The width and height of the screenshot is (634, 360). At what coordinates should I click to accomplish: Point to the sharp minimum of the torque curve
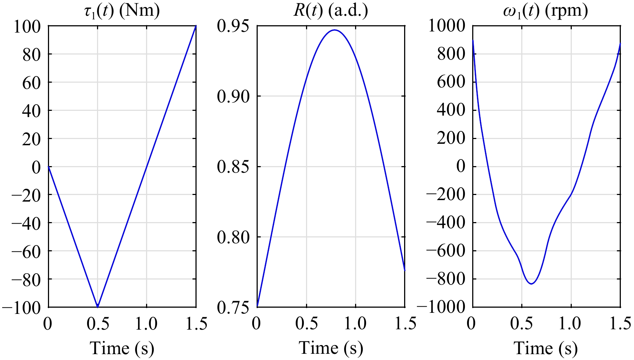click(97, 306)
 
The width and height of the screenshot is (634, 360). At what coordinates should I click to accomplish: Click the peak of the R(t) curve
click(335, 30)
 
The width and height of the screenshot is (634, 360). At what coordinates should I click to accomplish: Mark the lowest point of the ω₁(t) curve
click(531, 284)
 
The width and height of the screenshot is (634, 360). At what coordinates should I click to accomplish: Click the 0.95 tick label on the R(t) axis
click(233, 26)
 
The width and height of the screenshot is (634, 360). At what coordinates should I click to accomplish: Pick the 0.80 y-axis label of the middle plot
click(233, 237)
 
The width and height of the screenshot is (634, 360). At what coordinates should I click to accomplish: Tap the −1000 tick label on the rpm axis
click(440, 307)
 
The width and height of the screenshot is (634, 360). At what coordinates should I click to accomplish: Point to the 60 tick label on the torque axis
click(31, 82)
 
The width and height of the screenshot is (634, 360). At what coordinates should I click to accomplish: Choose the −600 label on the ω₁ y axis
click(445, 251)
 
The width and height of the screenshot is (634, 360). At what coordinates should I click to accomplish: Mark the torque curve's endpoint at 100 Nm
click(195, 26)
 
